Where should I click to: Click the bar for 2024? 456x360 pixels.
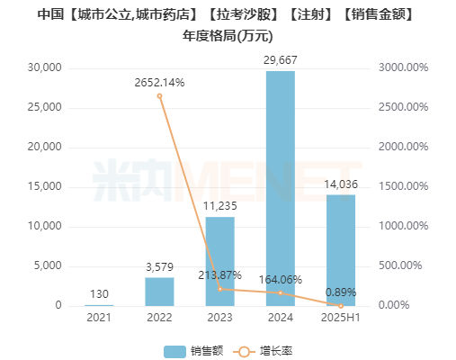[x=280, y=188]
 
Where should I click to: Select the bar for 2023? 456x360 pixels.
[x=219, y=261]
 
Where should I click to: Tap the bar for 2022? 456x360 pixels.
[x=159, y=291]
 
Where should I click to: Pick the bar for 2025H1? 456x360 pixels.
[x=340, y=250]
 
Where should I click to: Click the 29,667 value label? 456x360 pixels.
[x=280, y=59]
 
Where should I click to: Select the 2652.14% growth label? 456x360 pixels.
[x=159, y=83]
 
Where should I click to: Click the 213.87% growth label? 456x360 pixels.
[x=219, y=274]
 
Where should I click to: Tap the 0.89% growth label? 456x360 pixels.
[x=340, y=292]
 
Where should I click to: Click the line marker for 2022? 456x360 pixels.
[x=159, y=95]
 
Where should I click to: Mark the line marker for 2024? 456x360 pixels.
[x=280, y=292]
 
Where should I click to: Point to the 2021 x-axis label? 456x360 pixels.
[x=99, y=318]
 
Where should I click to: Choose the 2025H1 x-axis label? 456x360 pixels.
[x=340, y=318]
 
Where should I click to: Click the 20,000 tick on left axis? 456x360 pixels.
[x=43, y=147]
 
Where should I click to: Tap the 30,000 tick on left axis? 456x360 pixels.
[x=43, y=67]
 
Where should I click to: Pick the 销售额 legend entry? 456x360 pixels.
[x=193, y=350]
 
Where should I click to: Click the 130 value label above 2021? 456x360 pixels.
[x=99, y=293]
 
